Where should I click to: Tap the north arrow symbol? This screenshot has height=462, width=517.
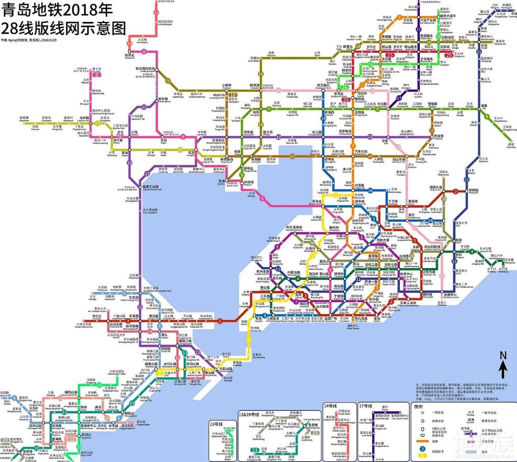click(502, 364)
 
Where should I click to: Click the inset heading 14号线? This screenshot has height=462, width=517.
click(330, 406)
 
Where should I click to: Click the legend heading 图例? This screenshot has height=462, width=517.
click(419, 406)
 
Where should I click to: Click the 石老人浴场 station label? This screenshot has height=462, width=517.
click(408, 303)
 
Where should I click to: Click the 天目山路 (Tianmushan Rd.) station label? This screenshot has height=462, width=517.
click(226, 369)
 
